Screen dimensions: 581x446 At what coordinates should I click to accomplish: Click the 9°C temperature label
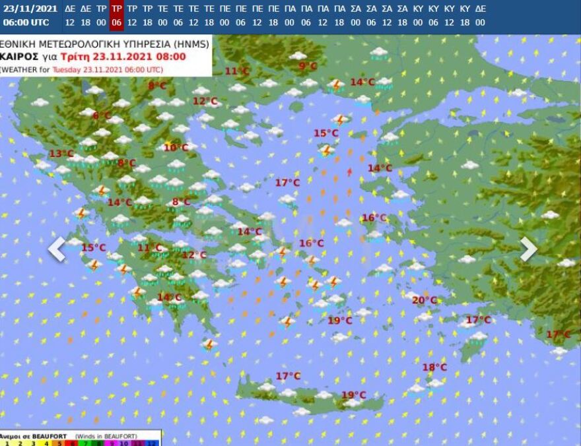coord(308,66)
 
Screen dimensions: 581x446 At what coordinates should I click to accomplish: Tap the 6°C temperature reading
coord(102,116)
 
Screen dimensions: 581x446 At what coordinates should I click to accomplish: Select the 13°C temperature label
coord(61,154)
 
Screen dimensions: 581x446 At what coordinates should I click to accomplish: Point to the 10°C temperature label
coord(176,148)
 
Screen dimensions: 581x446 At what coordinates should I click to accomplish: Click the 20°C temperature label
coord(425,300)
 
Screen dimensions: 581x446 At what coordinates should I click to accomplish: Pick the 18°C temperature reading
coord(434,367)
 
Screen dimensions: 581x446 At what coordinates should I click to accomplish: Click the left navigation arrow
coord(57,249)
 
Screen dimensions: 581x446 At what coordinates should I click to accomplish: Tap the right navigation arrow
coord(528,249)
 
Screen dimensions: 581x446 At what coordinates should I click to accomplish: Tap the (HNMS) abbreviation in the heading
coord(191,44)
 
